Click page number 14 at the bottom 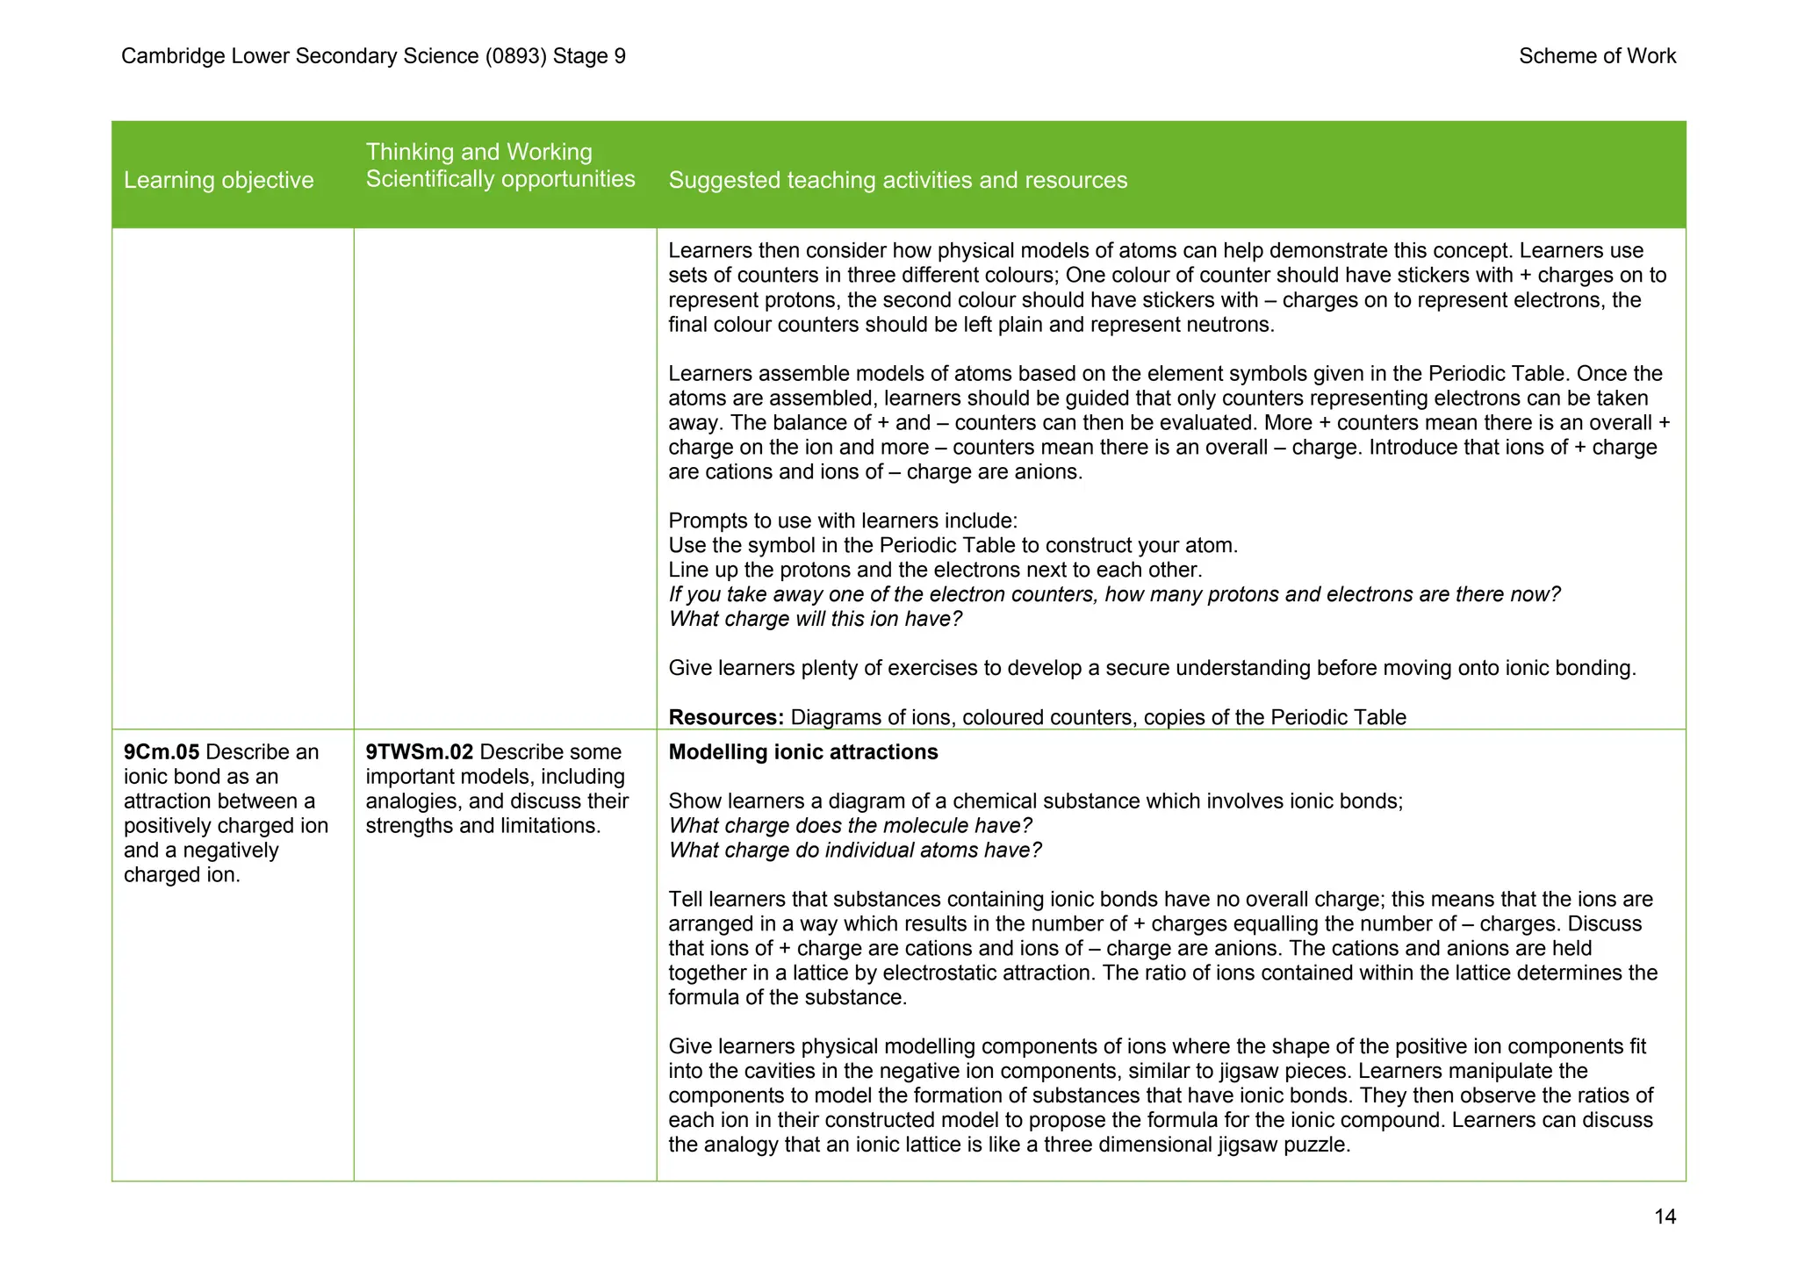[x=1665, y=1217]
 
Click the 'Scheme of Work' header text [x=1597, y=56]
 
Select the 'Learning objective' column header [x=219, y=180]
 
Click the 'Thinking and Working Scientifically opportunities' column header [x=500, y=166]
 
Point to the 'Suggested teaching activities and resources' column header [x=897, y=180]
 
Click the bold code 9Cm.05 [x=162, y=752]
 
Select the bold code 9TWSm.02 [x=420, y=752]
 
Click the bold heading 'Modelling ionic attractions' [x=802, y=752]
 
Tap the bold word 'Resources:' [x=726, y=717]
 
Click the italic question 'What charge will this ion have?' [x=815, y=619]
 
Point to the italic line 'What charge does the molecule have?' [x=850, y=826]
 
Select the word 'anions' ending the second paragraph [x=1050, y=472]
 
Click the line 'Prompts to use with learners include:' [x=843, y=521]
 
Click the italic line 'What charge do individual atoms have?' [x=855, y=851]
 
